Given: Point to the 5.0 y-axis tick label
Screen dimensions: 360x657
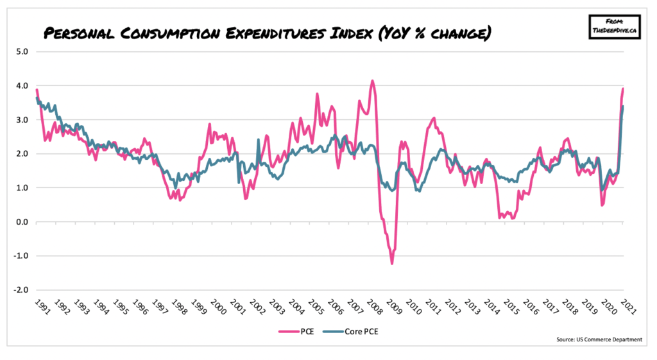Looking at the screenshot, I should click(x=21, y=52).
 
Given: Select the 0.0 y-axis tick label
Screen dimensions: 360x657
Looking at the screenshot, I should click(x=21, y=222).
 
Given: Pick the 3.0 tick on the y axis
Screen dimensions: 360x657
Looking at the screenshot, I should click(x=21, y=120).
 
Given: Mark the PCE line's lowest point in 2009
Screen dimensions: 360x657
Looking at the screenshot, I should click(x=391, y=263).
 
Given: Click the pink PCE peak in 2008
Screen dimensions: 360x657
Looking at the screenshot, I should click(x=372, y=81).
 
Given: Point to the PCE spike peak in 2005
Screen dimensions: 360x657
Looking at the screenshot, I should click(x=317, y=94).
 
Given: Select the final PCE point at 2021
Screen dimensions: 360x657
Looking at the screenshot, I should click(x=623, y=89).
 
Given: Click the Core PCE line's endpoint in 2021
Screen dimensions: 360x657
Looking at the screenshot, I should click(x=624, y=107).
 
